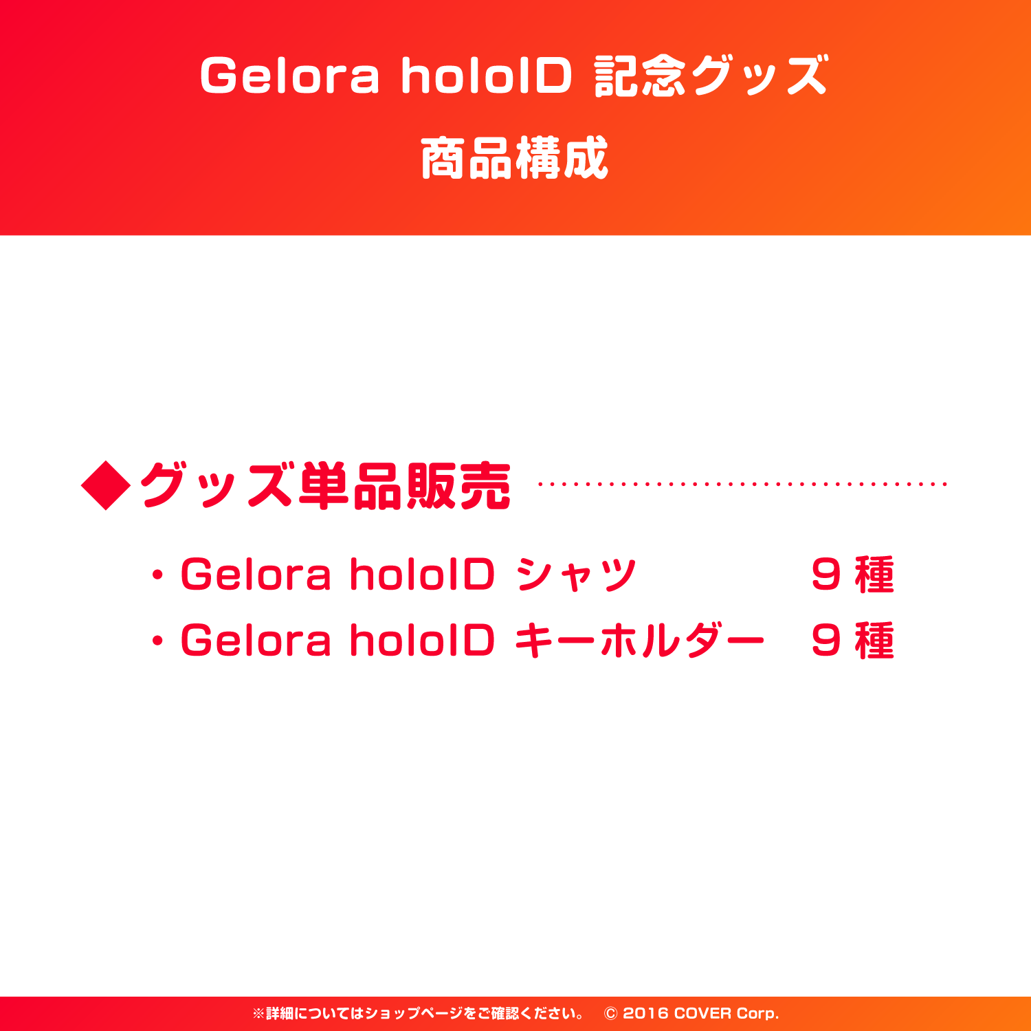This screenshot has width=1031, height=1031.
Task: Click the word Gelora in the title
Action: point(289,76)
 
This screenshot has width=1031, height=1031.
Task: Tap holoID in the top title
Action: point(487,76)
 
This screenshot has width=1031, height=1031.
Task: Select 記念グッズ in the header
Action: point(711,76)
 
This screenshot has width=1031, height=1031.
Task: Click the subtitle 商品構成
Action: point(515,158)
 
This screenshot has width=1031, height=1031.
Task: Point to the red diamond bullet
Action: point(106,485)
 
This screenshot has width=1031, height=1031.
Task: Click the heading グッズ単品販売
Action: point(325,486)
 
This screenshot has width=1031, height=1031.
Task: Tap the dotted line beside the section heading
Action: point(742,485)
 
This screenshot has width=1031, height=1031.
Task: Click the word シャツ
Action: point(576,575)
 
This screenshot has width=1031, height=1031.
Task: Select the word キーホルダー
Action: point(639,641)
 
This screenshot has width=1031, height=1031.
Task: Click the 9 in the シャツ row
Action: point(825,575)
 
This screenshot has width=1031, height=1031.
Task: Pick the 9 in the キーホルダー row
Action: point(825,641)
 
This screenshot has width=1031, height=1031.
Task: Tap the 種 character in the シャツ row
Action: point(874,575)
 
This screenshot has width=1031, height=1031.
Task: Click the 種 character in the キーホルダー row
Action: point(874,641)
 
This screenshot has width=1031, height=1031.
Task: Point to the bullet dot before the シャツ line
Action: point(158,575)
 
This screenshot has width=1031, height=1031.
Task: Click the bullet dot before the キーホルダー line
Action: point(158,641)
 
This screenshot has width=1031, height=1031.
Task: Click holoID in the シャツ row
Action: point(422,575)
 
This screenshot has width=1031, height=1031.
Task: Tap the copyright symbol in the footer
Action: point(610,1014)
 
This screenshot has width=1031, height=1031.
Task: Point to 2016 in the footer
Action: point(645,1014)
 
